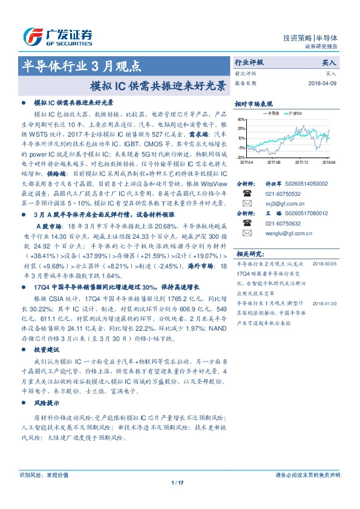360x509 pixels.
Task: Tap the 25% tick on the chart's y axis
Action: [242, 129]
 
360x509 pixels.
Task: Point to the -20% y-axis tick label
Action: [241, 157]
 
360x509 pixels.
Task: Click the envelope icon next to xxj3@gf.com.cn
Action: [247, 204]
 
